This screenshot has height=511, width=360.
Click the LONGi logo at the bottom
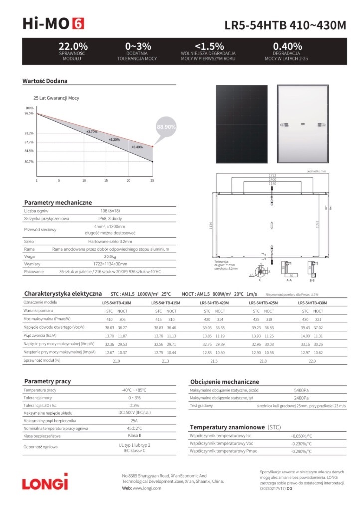point(44,482)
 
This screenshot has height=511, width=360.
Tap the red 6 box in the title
point(78,23)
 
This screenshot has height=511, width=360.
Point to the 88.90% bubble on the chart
point(166,127)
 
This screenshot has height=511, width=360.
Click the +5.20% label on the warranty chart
point(114,140)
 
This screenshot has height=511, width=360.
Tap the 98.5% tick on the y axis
point(29,113)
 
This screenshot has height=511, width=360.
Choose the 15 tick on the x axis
point(106,180)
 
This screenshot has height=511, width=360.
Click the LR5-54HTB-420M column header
point(214,303)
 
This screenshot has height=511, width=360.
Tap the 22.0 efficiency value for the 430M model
point(313,360)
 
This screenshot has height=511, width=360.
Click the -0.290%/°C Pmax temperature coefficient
point(301,451)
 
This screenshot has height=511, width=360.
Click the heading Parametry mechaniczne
point(58,202)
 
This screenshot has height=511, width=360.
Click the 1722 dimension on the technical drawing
point(272,175)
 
